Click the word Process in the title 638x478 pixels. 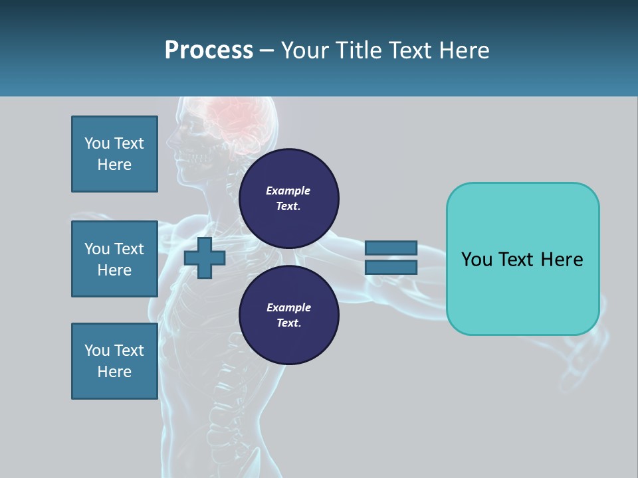(209, 50)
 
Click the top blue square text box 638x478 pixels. (114, 154)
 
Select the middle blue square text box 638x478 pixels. (114, 259)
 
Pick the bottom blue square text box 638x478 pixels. (114, 361)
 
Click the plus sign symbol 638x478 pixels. (205, 258)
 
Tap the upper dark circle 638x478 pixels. (289, 199)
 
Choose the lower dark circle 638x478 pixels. (289, 315)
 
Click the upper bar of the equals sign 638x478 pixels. (391, 248)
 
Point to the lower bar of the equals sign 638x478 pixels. (391, 268)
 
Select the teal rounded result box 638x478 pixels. (522, 292)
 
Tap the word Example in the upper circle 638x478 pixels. (288, 191)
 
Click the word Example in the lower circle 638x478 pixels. (288, 308)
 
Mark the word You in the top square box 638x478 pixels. (97, 143)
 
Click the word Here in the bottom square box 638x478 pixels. (114, 372)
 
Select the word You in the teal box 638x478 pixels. (477, 260)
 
